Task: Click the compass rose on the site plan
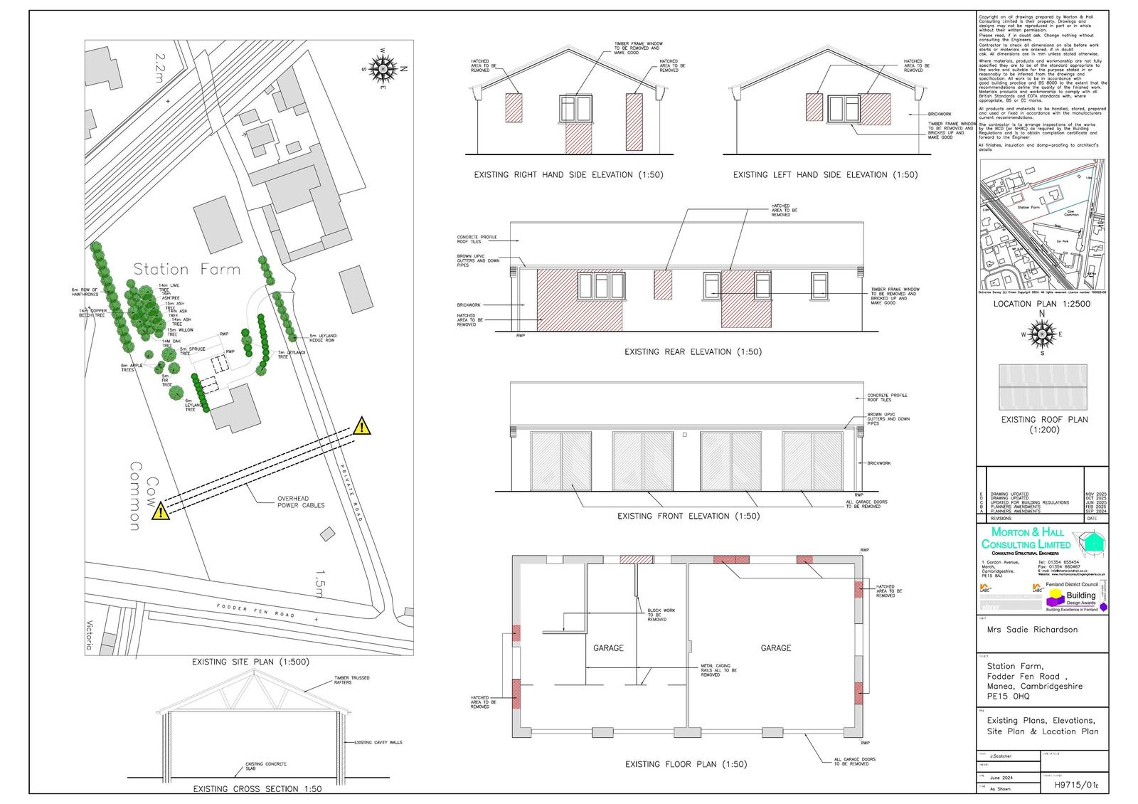(x=385, y=68)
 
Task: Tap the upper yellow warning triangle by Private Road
(x=362, y=427)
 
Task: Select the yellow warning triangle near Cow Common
(x=161, y=510)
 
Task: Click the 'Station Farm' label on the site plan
(x=187, y=269)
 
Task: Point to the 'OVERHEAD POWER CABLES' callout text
(x=300, y=502)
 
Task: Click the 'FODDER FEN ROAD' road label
(x=255, y=610)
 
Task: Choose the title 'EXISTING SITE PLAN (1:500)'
(x=250, y=662)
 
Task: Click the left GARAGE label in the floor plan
(x=608, y=648)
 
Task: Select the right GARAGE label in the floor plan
(x=775, y=648)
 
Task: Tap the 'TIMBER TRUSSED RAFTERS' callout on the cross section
(x=351, y=680)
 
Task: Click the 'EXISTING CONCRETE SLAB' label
(x=265, y=766)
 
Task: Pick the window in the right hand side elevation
(x=575, y=109)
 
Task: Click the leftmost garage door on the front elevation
(x=561, y=461)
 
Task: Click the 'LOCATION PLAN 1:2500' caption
(x=1041, y=304)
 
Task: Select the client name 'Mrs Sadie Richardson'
(x=1031, y=630)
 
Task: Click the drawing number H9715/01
(x=1074, y=786)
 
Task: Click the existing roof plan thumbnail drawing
(x=1043, y=386)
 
